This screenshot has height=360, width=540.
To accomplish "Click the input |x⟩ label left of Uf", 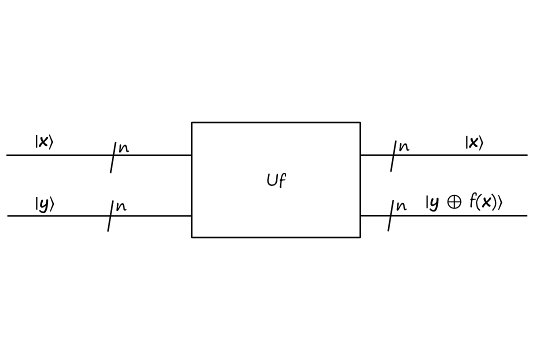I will coord(43,142).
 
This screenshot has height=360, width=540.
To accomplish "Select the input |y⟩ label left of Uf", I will coord(44,204).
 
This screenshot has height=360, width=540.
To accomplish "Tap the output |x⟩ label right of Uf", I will coord(474,143).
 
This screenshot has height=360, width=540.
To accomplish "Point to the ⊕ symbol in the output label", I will coord(454,202).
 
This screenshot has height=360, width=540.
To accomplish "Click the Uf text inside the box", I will coord(276,180).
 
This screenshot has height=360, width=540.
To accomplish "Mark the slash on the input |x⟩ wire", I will coord(113,157).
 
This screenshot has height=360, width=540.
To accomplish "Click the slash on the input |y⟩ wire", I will coord(110,216).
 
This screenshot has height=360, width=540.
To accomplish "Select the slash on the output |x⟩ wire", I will coord(393,156).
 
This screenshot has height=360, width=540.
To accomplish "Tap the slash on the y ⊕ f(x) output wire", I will coord(390,215).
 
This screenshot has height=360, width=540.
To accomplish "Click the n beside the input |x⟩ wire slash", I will coord(123,148).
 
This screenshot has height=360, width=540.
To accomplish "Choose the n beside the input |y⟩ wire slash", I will coord(121,206).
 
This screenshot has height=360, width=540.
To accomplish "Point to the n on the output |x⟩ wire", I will coord(403,147).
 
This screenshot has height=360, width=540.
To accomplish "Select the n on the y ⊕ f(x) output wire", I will coord(401,206).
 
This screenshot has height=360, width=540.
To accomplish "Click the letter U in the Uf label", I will coord(272,180).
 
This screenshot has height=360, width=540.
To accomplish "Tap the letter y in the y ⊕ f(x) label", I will coord(433,203).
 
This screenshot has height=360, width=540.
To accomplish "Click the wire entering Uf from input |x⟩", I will coord(155,155).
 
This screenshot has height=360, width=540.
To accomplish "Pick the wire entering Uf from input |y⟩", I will coord(155,216).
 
